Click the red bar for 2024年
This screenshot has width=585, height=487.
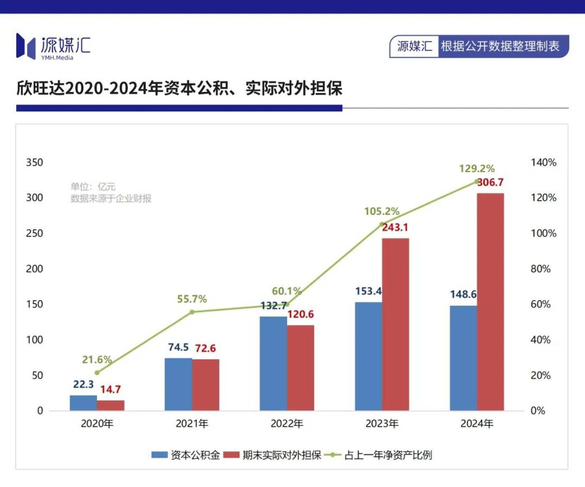click(x=490, y=302)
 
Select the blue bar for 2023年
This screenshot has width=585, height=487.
click(x=368, y=356)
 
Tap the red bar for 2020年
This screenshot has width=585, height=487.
click(x=110, y=406)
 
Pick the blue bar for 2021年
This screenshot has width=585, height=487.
click(x=178, y=384)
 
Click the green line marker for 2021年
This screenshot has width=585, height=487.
click(x=192, y=312)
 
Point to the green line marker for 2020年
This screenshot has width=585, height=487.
click(x=97, y=373)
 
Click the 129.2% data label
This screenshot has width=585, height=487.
click(x=477, y=169)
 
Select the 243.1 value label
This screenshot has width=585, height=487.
click(x=395, y=228)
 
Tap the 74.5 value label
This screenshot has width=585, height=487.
click(x=178, y=347)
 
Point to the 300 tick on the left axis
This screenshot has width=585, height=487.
click(x=34, y=198)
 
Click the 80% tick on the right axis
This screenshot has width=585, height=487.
click(x=540, y=269)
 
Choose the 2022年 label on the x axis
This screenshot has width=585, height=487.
click(x=287, y=424)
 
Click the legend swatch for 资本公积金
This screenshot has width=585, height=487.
click(x=159, y=455)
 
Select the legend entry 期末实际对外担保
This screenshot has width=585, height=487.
click(x=281, y=455)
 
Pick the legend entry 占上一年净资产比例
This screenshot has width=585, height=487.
click(x=388, y=455)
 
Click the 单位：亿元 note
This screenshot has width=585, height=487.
click(x=93, y=187)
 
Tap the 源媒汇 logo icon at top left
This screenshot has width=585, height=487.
click(x=26, y=46)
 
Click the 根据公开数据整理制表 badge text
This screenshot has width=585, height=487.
click(x=500, y=46)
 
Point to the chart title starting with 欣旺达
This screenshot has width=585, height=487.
click(x=179, y=88)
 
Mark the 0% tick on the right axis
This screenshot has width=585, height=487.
click(x=538, y=411)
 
